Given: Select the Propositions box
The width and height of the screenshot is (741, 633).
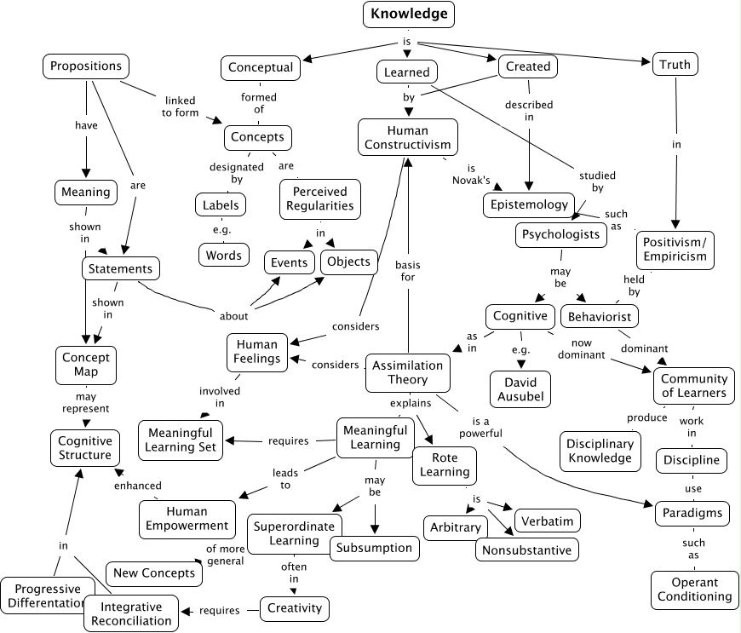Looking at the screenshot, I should point(85,66).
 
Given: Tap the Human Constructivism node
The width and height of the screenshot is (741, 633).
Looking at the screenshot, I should point(408,137).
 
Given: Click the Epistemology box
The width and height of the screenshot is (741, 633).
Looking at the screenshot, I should point(528,204).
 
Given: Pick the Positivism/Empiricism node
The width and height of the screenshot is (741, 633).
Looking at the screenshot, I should point(675,248).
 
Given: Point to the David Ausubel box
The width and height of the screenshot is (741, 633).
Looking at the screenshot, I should point(520,388).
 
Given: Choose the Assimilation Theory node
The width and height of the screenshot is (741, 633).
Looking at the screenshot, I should point(408,372).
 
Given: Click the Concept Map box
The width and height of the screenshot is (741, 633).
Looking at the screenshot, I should point(85,365).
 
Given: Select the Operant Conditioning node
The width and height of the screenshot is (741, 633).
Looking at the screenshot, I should point(694,590).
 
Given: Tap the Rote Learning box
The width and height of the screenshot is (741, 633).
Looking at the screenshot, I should point(445,465).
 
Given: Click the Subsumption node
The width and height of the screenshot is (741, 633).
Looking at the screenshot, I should point(374,548).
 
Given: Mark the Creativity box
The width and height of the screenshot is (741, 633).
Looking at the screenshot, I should point(295,608).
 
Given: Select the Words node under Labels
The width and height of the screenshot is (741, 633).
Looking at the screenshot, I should point(225,255).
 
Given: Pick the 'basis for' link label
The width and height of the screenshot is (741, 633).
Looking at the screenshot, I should point(408,270).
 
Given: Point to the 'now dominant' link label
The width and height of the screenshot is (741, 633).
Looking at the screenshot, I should point(582,348).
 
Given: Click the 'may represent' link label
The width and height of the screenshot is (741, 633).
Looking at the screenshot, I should point(85,403).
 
